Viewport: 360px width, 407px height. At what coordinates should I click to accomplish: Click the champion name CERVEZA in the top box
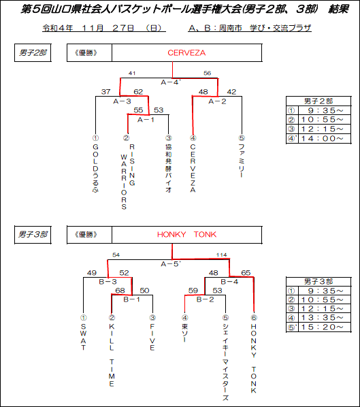pyautogui.click(x=186, y=53)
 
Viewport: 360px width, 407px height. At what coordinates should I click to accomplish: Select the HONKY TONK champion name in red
pyautogui.click(x=186, y=234)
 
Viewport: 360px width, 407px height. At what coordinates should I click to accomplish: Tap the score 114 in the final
pyautogui.click(x=221, y=255)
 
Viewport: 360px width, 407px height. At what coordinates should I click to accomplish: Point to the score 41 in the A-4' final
pyautogui.click(x=132, y=74)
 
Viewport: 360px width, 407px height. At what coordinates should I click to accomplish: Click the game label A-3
pyautogui.click(x=122, y=101)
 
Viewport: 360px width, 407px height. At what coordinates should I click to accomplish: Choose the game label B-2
pyautogui.click(x=205, y=299)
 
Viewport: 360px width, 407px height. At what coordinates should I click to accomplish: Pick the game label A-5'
pyautogui.click(x=171, y=264)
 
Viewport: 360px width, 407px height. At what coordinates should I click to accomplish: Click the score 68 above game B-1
pyautogui.click(x=120, y=291)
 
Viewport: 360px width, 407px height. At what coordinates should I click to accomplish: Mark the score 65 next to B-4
pyautogui.click(x=246, y=273)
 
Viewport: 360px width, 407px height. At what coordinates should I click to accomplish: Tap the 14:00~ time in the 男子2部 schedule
pyautogui.click(x=322, y=138)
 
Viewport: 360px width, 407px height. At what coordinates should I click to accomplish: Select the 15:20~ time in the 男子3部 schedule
pyautogui.click(x=322, y=327)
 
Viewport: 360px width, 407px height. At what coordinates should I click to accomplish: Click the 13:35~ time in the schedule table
pyautogui.click(x=322, y=317)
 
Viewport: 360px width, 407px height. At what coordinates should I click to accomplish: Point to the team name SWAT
pyautogui.click(x=83, y=337)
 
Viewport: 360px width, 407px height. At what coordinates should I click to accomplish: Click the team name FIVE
pyautogui.click(x=152, y=337)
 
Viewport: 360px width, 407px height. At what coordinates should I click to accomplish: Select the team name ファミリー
pyautogui.click(x=242, y=161)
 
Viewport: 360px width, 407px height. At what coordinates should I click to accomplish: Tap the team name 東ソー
pyautogui.click(x=184, y=333)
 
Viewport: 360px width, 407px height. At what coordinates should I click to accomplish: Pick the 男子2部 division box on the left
pyautogui.click(x=33, y=53)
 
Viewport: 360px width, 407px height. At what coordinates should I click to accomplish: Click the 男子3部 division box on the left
pyautogui.click(x=33, y=235)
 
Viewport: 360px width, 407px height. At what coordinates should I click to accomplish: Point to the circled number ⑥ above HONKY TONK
pyautogui.click(x=254, y=317)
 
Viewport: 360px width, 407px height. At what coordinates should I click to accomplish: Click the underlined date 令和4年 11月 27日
pyautogui.click(x=104, y=28)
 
